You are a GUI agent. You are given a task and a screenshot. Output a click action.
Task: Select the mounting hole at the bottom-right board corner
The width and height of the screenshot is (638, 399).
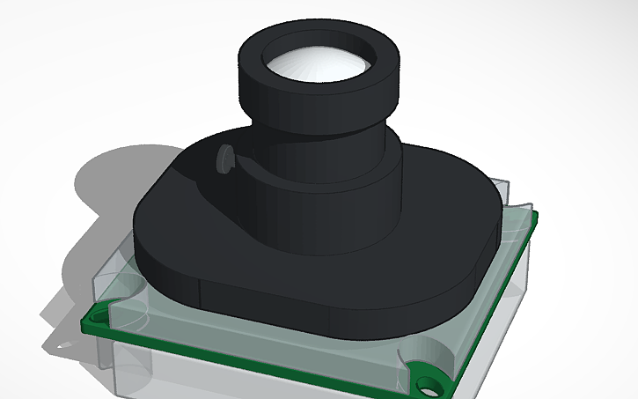pos(430,384)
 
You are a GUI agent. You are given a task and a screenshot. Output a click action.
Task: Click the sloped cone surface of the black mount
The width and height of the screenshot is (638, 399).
pos(220,203)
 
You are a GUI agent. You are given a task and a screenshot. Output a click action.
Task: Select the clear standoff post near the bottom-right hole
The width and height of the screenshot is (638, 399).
pos(407,366)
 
